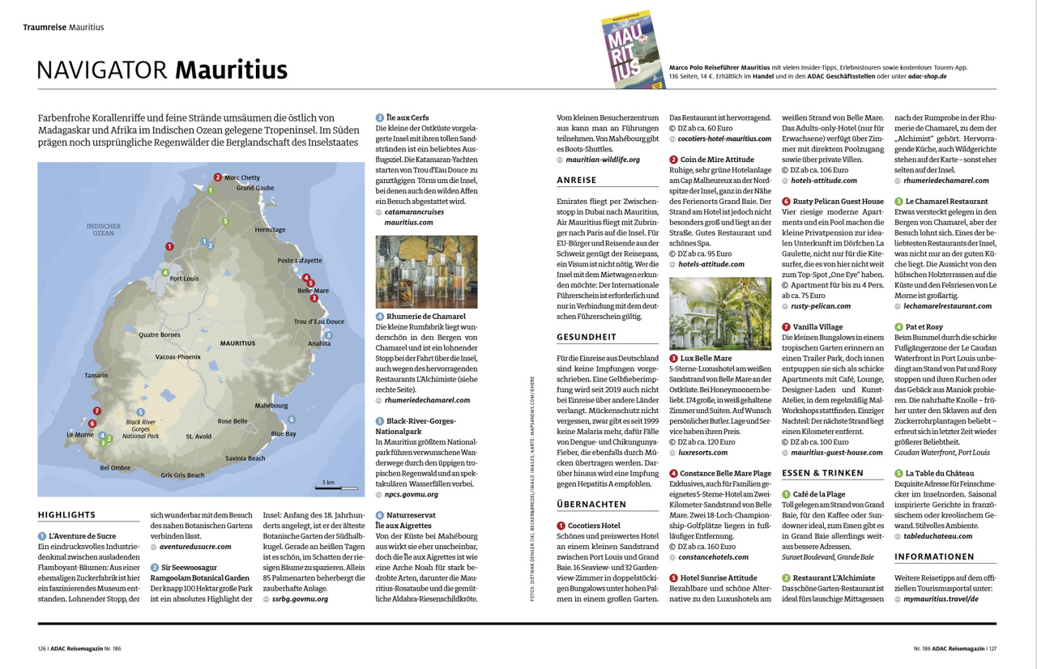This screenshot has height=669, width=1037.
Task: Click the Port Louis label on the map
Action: tap(184, 279)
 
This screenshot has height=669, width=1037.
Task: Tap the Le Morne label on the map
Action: tap(80, 435)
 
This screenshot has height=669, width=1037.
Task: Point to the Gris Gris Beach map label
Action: tap(182, 475)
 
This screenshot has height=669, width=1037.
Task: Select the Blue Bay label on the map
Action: tap(284, 433)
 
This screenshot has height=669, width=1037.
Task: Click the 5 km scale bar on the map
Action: tap(336, 488)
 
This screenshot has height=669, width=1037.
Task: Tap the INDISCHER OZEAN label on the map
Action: tap(104, 229)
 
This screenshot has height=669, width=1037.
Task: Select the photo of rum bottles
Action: tap(426, 272)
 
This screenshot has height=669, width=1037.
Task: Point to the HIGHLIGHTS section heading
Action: tap(66, 515)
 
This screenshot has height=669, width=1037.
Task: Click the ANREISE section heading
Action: tap(577, 181)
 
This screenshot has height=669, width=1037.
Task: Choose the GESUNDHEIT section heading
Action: tap(587, 337)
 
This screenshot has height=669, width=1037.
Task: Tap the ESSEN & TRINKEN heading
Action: tap(822, 473)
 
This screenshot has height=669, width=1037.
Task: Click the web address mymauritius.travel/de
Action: tap(941, 599)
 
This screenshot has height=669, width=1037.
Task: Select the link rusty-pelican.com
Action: tap(821, 306)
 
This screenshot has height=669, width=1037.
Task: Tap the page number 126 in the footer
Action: tap(42, 648)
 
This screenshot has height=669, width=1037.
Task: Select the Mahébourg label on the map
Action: tap(271, 406)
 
